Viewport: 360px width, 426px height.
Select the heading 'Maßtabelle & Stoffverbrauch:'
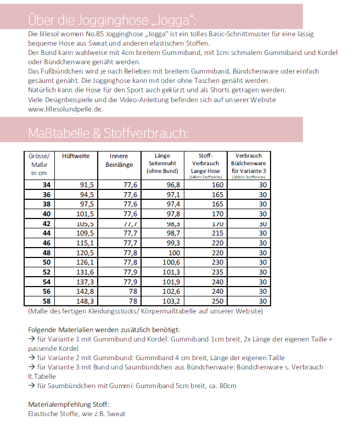(x=108, y=133)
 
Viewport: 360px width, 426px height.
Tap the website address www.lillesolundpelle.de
(x=65, y=109)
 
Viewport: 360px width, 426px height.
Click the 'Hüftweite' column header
(x=76, y=156)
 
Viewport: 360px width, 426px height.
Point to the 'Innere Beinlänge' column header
(x=119, y=160)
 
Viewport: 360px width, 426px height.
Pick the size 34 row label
(x=46, y=185)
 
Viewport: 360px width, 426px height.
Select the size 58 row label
(x=46, y=301)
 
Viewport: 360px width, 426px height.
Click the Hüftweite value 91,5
(x=87, y=185)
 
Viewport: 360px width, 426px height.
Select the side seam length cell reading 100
(x=174, y=253)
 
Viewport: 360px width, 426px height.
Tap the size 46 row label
(x=46, y=243)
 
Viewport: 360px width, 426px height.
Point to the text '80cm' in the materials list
(x=227, y=386)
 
